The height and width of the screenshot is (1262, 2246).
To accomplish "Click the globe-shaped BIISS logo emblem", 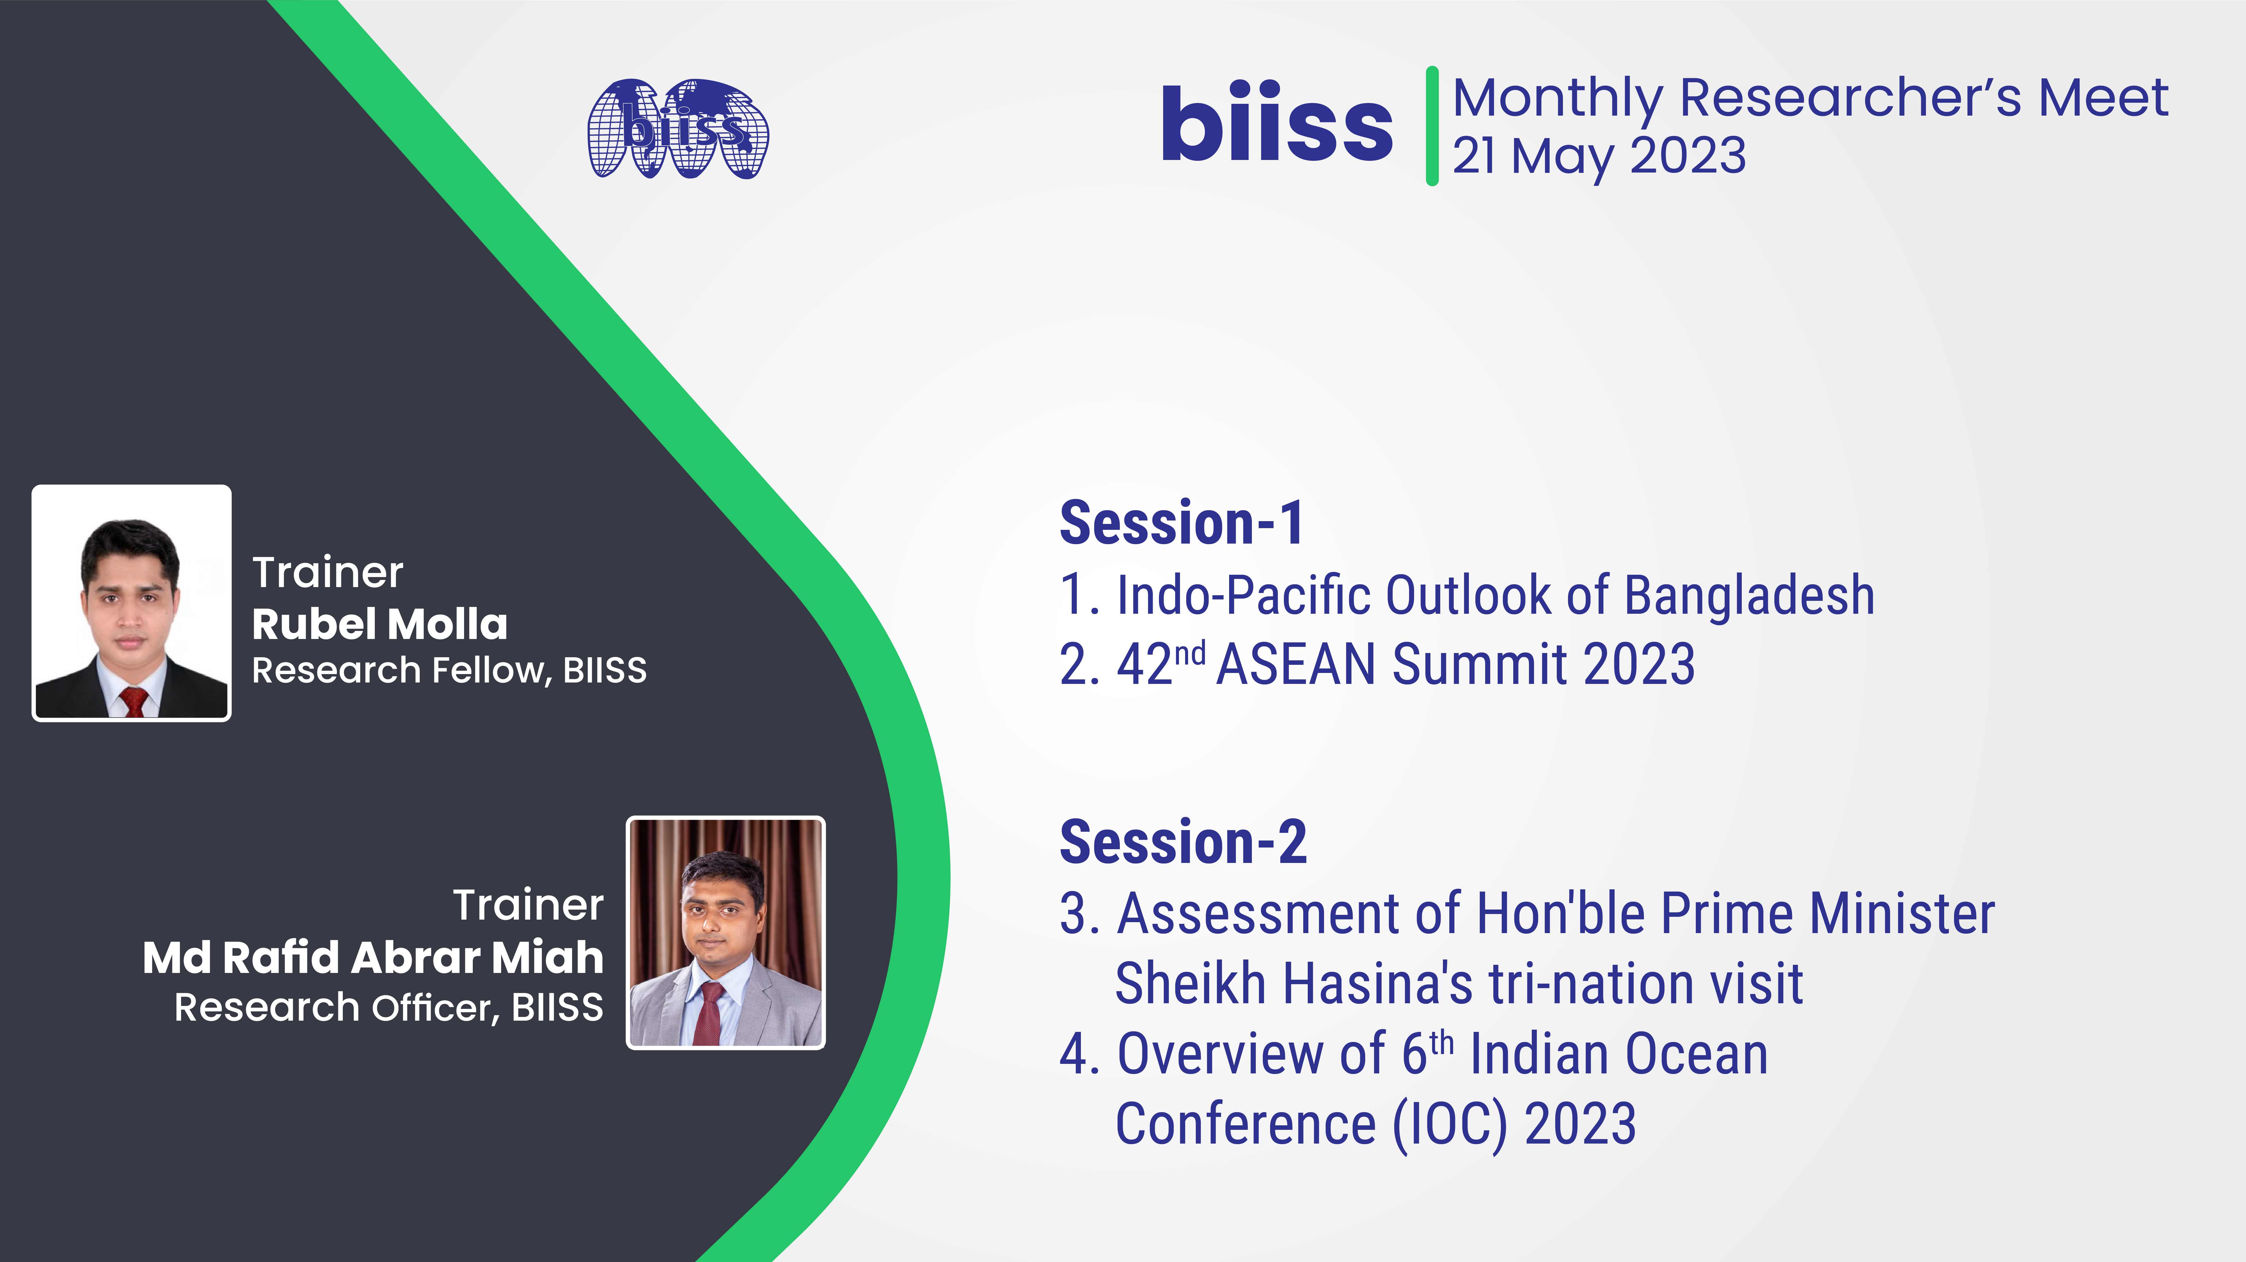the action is pyautogui.click(x=678, y=129).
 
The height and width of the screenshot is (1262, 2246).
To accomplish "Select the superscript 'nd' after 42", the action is pyautogui.click(x=1189, y=652).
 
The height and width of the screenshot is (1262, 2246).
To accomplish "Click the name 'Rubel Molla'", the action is pyautogui.click(x=379, y=624).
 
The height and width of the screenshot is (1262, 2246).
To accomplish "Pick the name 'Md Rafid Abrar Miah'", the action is pyautogui.click(x=373, y=957).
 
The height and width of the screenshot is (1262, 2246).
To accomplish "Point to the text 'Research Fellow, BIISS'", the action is pyautogui.click(x=449, y=670).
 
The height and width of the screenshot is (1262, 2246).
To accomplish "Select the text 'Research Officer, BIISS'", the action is pyautogui.click(x=388, y=1007).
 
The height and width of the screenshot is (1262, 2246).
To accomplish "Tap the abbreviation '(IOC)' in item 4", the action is pyautogui.click(x=1449, y=1124).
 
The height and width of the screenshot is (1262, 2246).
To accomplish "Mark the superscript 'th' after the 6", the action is pyautogui.click(x=1442, y=1042).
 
